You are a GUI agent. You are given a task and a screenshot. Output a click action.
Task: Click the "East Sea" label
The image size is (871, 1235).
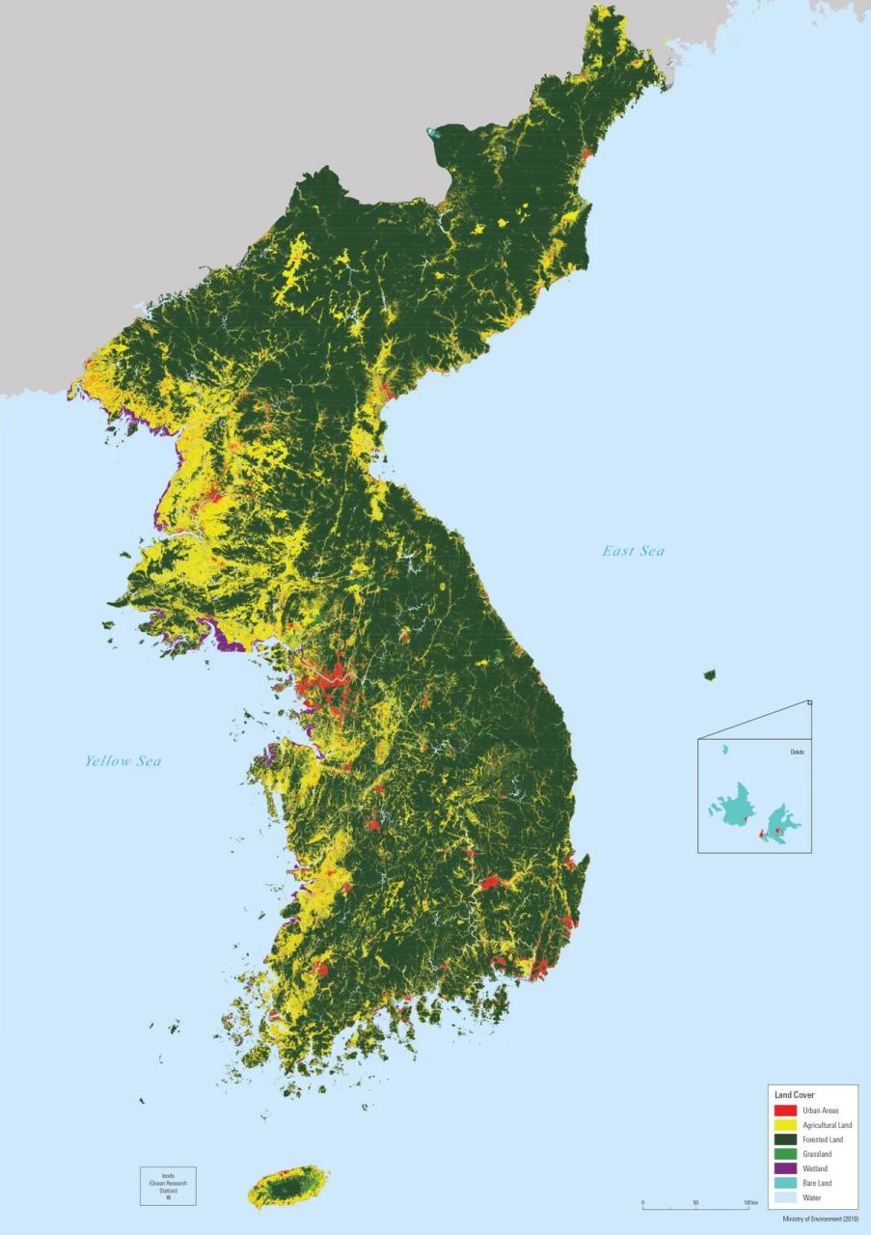point(634,551)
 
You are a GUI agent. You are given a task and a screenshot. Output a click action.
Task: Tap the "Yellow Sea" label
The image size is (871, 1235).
point(122,761)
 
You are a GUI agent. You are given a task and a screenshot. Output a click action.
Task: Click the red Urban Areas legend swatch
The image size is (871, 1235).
point(785,1111)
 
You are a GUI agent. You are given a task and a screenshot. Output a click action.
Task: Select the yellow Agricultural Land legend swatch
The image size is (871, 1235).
point(785,1125)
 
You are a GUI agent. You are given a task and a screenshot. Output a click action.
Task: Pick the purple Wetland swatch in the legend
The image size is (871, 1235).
point(785,1168)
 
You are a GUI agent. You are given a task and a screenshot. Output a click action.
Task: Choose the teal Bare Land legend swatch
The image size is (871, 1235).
point(785,1183)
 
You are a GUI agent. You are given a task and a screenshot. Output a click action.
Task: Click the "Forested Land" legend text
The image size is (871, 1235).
point(823,1139)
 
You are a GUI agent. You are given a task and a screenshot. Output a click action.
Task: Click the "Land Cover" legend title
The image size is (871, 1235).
point(795,1095)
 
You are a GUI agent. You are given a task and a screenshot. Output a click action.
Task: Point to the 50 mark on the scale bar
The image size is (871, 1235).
point(695,1204)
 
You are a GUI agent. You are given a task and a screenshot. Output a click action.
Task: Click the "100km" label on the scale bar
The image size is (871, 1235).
point(751,1204)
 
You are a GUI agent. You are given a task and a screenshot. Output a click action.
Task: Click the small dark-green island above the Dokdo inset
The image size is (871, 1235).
point(711,675)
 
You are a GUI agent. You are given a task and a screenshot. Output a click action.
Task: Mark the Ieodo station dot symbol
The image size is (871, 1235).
point(168,1197)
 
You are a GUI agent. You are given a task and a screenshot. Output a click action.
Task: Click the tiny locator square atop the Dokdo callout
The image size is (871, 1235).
point(810,703)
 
